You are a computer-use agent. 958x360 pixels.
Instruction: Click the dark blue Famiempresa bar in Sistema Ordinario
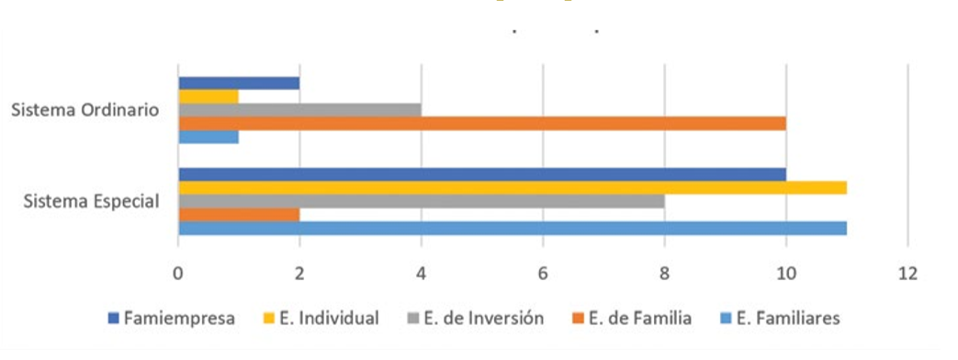click(239, 83)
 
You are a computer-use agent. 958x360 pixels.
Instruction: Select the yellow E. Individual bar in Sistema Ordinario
click(209, 96)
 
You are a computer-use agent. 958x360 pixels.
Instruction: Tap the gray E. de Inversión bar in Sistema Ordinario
click(299, 110)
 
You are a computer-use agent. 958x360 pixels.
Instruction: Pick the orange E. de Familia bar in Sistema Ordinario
click(482, 123)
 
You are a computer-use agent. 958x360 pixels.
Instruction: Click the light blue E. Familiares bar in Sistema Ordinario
click(209, 137)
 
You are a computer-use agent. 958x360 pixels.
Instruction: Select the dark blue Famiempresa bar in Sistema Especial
click(482, 174)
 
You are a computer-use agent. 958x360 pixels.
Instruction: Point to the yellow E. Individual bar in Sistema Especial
click(513, 188)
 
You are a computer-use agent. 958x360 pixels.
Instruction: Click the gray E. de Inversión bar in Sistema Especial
click(422, 201)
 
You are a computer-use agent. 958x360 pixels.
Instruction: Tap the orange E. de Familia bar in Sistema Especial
click(239, 215)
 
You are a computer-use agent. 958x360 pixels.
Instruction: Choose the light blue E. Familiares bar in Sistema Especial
click(513, 228)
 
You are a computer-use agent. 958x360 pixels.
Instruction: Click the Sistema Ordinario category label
click(85, 110)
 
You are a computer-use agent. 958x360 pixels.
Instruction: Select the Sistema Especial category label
click(91, 201)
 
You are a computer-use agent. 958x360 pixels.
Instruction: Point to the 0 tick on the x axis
click(178, 272)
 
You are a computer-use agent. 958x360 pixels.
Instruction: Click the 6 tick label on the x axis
click(543, 272)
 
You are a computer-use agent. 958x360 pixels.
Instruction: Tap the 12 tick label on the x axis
click(907, 272)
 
